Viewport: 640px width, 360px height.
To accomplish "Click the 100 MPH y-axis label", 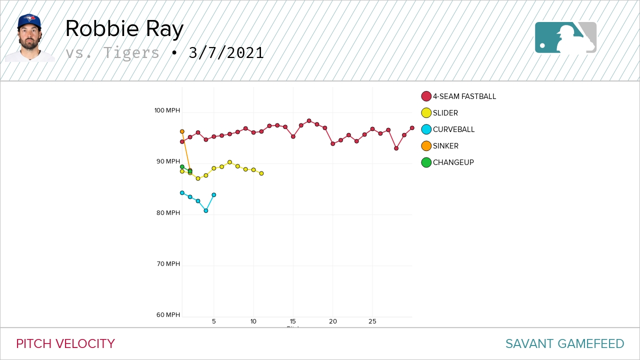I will point(167,110).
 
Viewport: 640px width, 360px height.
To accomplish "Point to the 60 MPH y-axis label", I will point(168,315).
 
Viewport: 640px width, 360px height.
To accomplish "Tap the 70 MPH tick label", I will point(167,264).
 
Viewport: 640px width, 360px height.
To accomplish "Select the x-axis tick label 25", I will point(372,321).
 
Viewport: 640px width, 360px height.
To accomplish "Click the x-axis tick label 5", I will point(214,321).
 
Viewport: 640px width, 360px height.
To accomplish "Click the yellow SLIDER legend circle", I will point(426,113).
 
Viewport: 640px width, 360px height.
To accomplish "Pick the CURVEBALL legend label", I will point(453,129).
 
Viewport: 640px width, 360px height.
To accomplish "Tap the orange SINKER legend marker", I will point(426,146).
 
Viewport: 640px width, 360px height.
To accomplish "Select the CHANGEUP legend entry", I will point(453,162).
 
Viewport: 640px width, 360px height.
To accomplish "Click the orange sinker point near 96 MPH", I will point(182,131).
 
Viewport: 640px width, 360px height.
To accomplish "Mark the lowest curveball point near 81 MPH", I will point(206,211).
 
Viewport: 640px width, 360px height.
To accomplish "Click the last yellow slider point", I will point(261,173).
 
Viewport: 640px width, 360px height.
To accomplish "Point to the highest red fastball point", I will point(309,120).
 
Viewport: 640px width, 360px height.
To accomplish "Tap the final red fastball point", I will point(412,128).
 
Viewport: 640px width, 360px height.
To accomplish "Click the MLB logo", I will point(565,37).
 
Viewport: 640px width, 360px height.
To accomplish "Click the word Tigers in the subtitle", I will point(131,53).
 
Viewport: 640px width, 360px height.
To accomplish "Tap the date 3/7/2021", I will point(226,53).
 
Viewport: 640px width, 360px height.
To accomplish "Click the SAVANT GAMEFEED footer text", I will point(564,344).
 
